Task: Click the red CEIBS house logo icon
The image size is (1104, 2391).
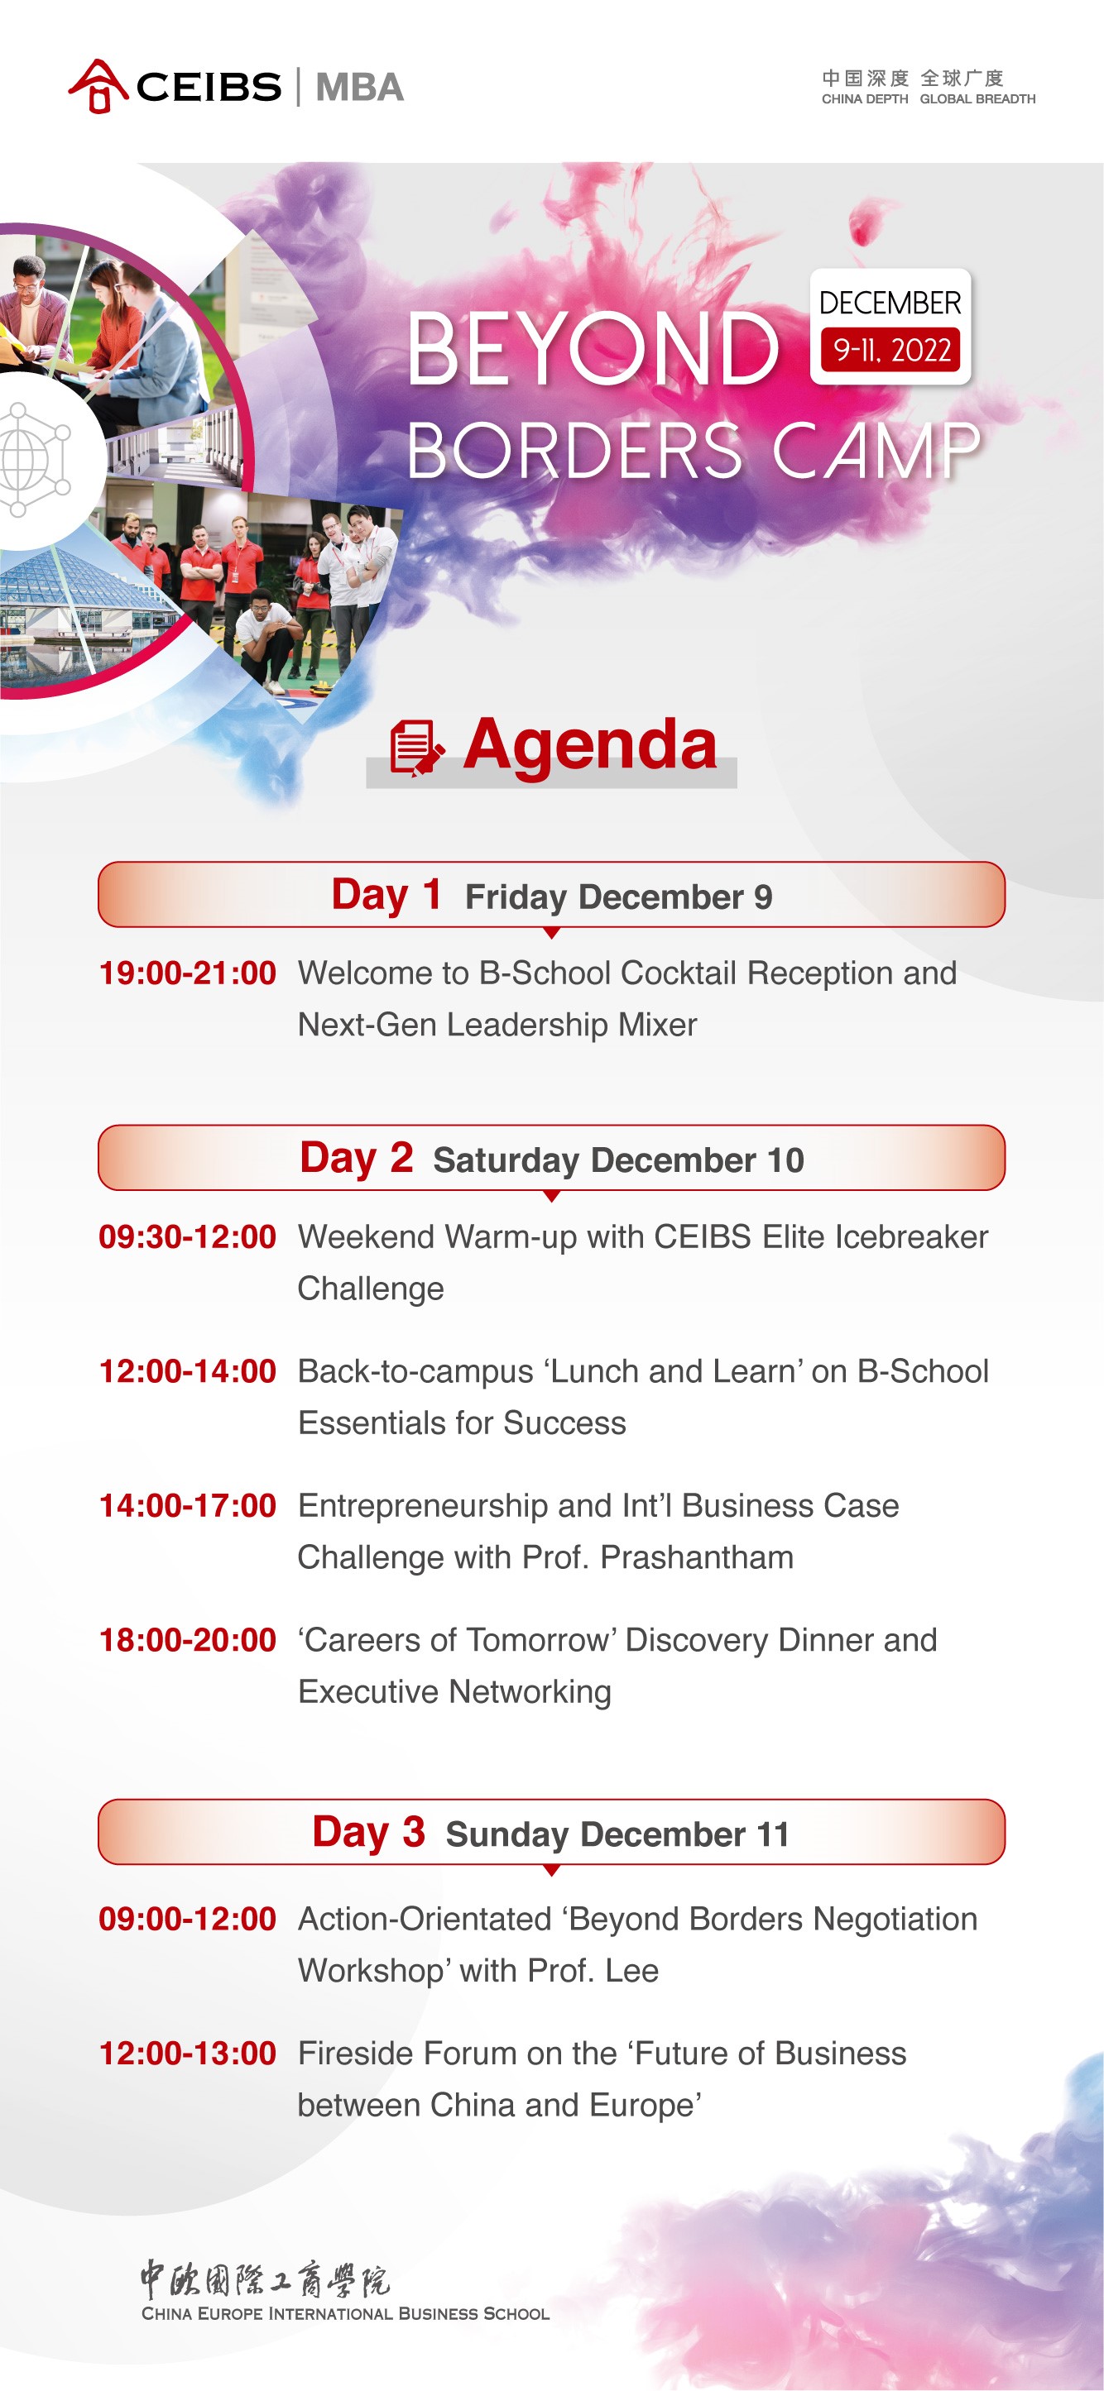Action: click(98, 86)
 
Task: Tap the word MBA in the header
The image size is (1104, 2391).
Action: click(359, 87)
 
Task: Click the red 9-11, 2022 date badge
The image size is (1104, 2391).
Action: click(890, 350)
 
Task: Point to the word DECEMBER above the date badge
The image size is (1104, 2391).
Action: click(890, 303)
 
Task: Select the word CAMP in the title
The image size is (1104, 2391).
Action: click(876, 450)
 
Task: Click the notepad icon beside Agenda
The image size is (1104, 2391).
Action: click(416, 747)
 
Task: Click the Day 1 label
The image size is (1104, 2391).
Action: click(386, 895)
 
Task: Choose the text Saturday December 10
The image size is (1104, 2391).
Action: click(618, 1160)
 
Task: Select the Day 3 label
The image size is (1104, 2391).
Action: click(368, 1832)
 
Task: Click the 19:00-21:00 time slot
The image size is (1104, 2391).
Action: click(188, 973)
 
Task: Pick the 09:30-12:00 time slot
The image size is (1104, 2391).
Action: click(188, 1236)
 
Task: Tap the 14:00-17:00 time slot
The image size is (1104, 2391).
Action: click(188, 1505)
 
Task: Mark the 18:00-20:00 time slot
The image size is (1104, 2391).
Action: click(188, 1640)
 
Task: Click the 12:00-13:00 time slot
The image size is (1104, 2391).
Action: click(188, 2053)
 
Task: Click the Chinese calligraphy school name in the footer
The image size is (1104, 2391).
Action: click(266, 2279)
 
